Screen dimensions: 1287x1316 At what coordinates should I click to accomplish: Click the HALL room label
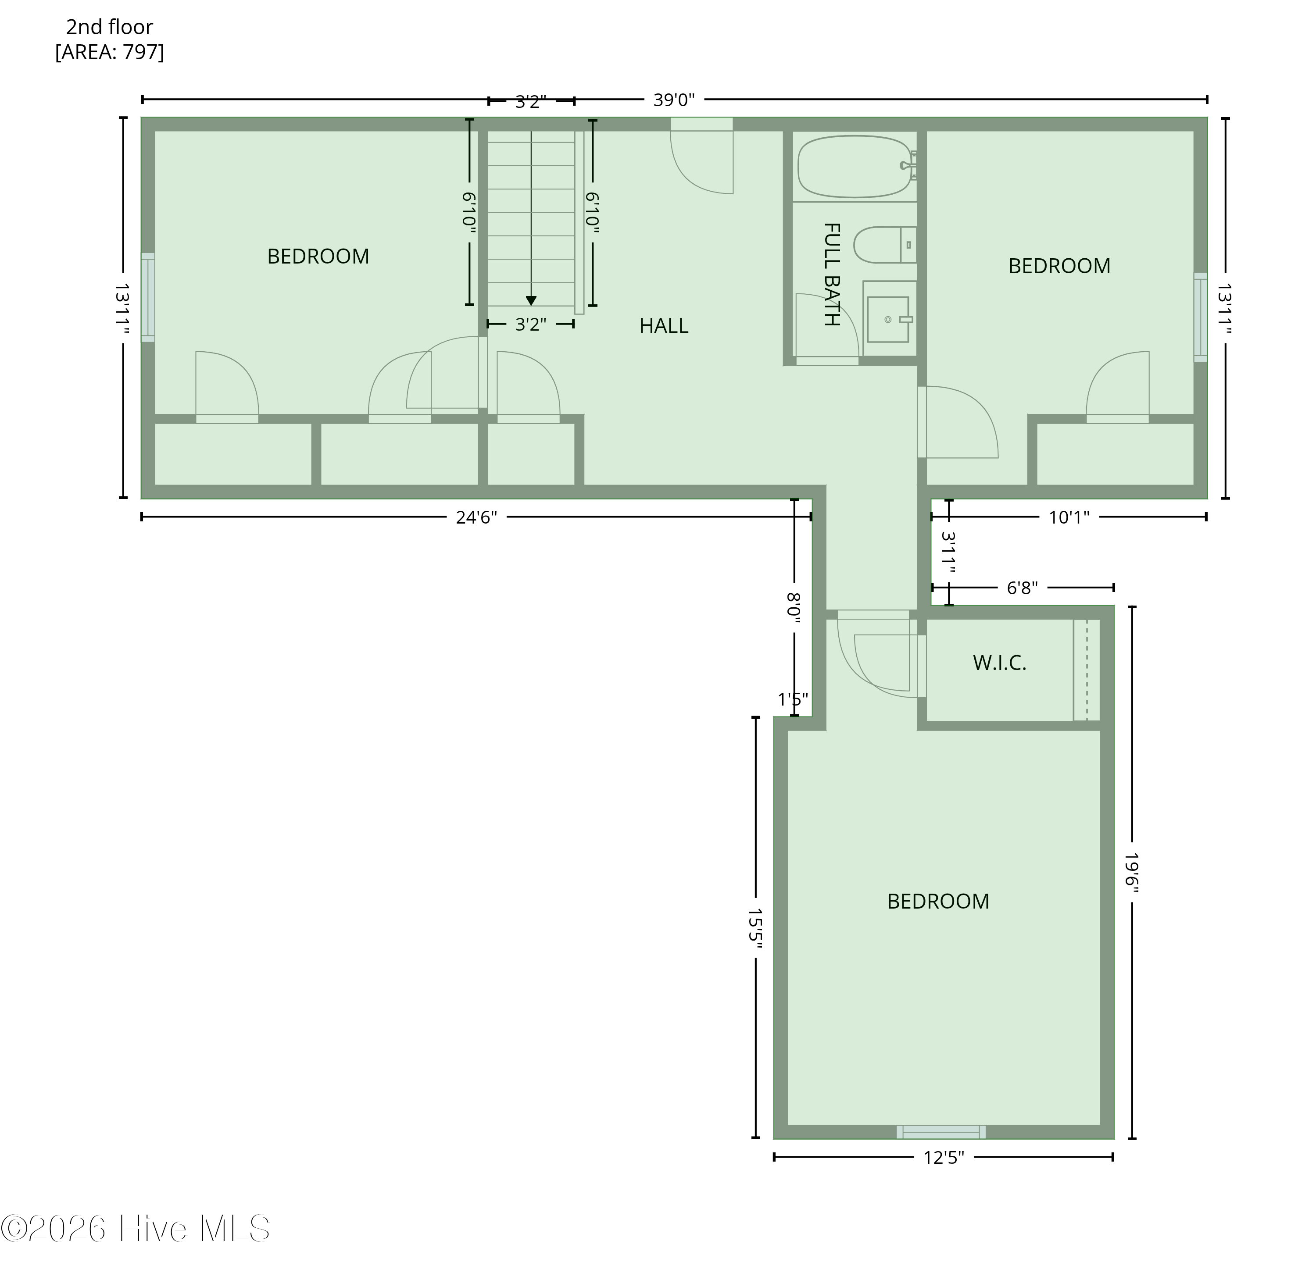click(663, 326)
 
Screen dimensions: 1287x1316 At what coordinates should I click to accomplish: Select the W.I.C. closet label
click(999, 663)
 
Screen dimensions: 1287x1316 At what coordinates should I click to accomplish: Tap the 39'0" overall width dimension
click(673, 100)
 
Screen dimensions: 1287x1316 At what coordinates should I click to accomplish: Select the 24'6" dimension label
click(476, 517)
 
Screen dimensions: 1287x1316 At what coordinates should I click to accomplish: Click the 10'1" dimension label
click(1069, 517)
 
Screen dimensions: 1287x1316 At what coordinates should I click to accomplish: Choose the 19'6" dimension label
click(1131, 872)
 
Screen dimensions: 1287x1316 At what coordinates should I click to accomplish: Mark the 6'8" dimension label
click(1022, 588)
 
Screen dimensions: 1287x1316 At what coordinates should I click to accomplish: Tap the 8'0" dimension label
click(794, 608)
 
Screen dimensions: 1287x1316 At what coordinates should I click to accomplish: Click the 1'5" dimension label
click(793, 699)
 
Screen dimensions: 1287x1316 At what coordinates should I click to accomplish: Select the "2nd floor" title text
click(110, 27)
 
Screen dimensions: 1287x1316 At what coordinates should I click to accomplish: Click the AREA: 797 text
click(110, 52)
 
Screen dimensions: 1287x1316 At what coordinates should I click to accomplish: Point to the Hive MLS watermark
click(135, 1228)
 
